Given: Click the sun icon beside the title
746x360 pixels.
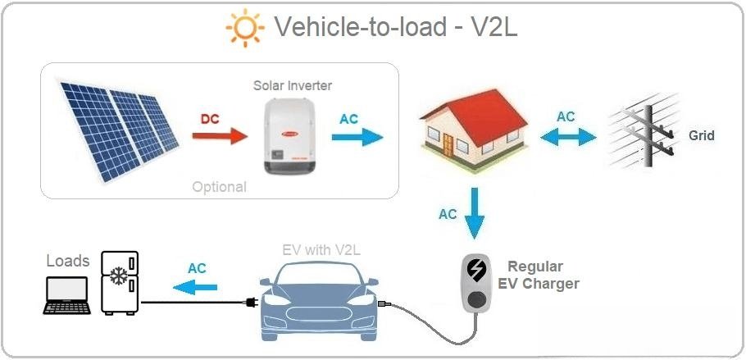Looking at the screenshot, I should (x=245, y=28).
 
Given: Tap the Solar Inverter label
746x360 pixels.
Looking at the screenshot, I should (x=293, y=85).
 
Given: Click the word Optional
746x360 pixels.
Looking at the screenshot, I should (x=219, y=187).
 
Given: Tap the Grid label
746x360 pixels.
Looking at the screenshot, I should (x=702, y=135).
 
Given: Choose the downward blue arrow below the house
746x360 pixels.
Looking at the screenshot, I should (x=475, y=212).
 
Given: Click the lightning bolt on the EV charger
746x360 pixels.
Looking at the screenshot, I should (x=475, y=270).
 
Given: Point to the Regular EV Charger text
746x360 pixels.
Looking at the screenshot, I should (x=539, y=276).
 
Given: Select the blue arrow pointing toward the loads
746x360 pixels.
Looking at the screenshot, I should (x=195, y=285).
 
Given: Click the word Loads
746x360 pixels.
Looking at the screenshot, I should (x=68, y=261).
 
